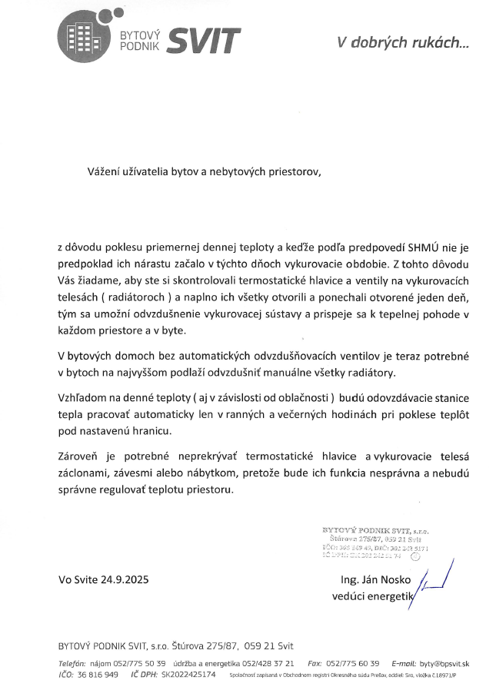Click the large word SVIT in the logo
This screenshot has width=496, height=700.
[203, 40]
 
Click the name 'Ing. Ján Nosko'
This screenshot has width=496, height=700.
[374, 579]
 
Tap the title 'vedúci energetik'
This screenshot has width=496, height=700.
[373, 595]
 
